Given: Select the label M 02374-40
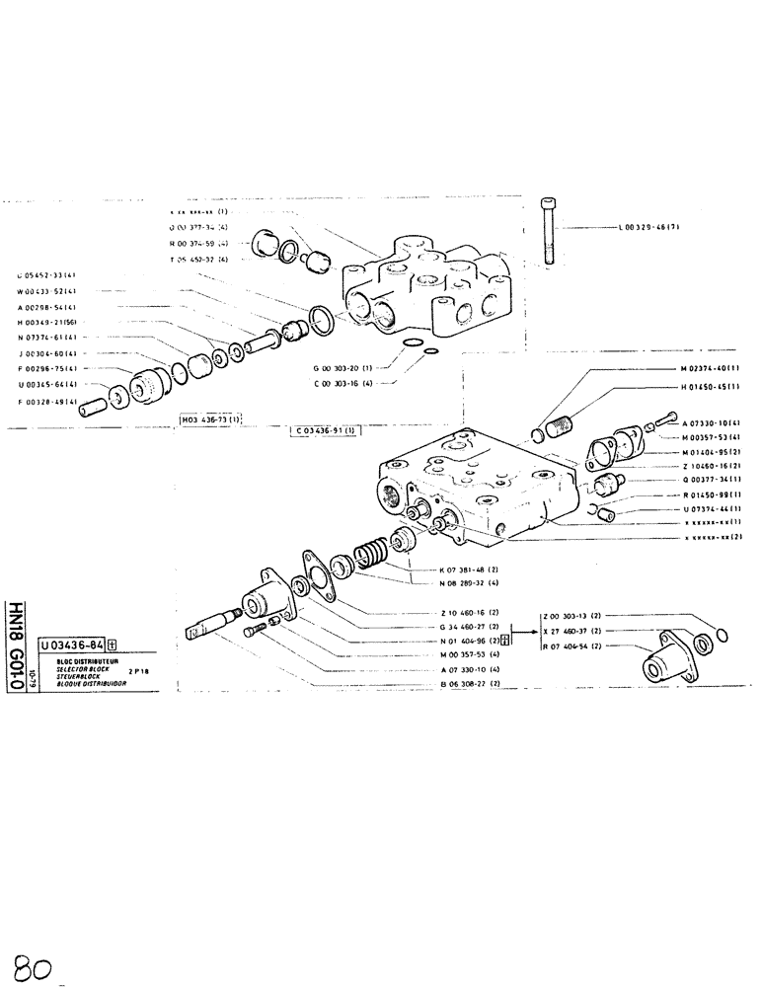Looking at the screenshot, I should [x=710, y=369].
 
